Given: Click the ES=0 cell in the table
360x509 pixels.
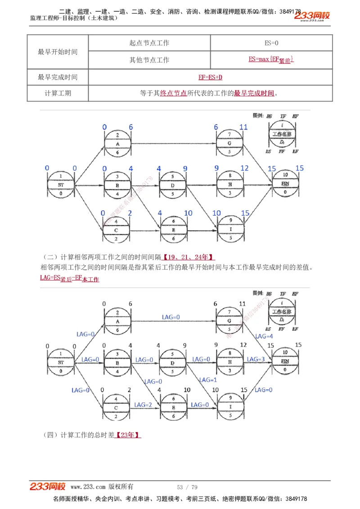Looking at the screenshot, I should (271, 43).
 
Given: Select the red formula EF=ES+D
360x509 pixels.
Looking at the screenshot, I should (210, 77).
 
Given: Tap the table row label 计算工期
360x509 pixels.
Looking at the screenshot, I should (58, 94).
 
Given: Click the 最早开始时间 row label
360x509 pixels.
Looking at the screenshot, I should (58, 52).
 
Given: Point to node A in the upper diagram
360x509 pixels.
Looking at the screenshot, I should (117, 144).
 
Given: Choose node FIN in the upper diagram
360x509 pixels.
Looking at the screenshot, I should (285, 184).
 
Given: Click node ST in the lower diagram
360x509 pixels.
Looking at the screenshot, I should (61, 362).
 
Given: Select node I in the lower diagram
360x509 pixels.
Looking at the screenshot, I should (230, 406).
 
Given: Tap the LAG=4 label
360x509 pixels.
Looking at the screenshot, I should (264, 336).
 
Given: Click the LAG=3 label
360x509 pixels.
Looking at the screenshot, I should (256, 359).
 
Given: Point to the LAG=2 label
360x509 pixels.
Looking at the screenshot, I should (143, 405).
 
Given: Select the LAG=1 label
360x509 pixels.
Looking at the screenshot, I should (208, 380).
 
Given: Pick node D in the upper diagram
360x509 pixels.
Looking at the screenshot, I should (173, 185).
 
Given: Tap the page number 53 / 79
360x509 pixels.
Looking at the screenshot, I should (187, 487).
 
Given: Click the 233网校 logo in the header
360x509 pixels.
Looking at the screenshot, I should (312, 16).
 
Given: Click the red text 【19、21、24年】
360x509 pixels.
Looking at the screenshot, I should (188, 257).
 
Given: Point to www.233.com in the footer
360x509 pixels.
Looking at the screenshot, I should (88, 487).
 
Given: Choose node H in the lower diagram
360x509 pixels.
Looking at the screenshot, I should (230, 362).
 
